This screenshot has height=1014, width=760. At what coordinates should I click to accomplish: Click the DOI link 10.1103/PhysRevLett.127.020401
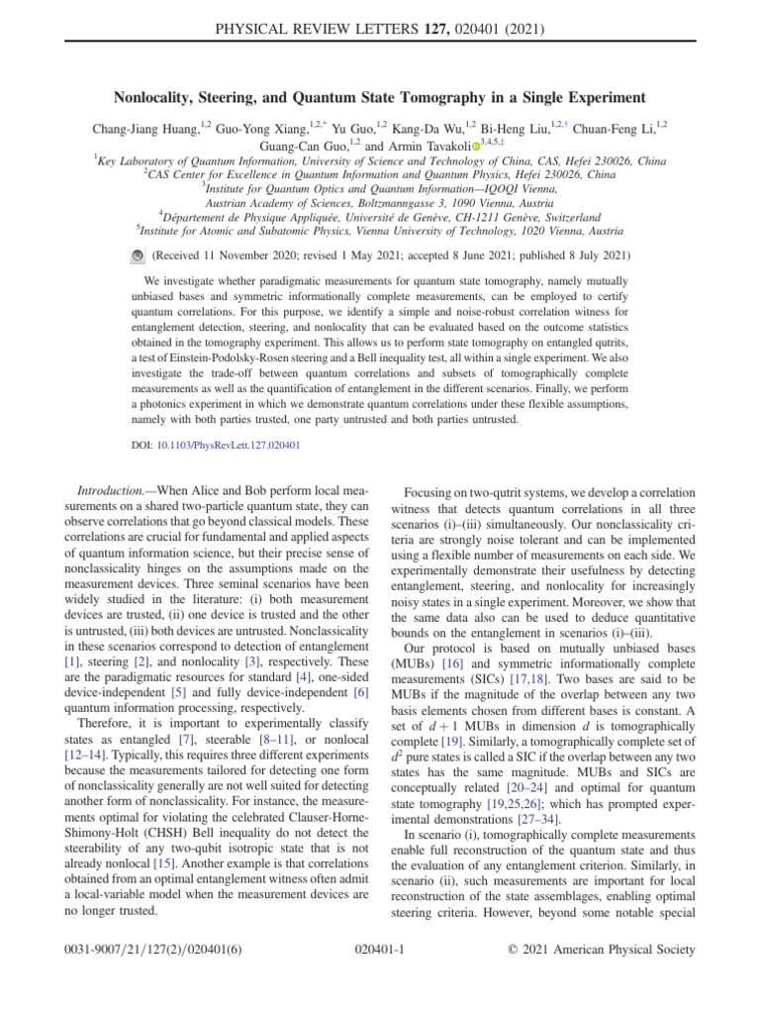pos(229,446)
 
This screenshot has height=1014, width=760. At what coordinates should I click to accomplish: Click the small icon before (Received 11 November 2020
pos(137,254)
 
